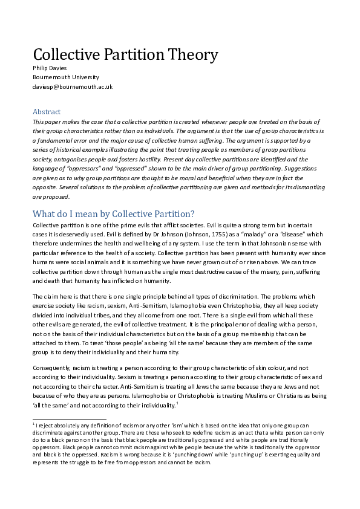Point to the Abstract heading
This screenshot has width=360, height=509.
coord(47,111)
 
